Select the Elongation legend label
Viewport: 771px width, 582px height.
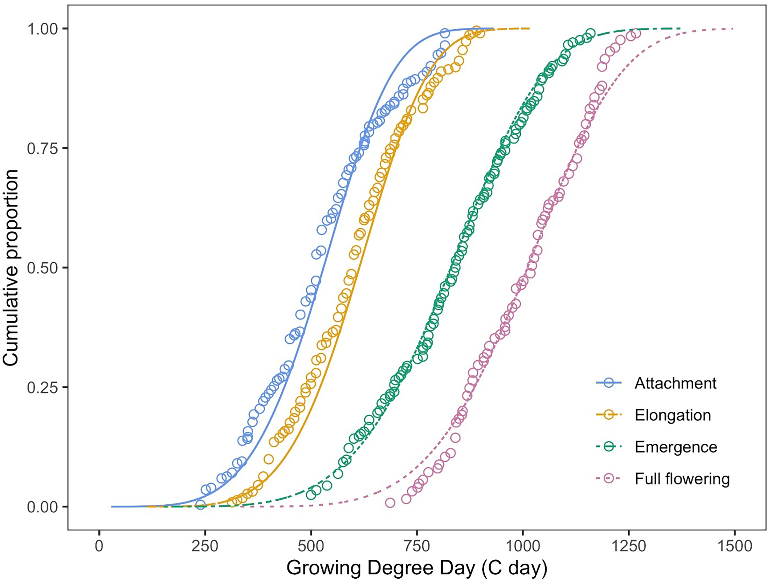click(673, 415)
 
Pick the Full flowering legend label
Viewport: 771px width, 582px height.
click(682, 479)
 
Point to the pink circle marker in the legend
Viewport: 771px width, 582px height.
click(609, 479)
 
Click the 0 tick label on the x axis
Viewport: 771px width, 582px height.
click(99, 546)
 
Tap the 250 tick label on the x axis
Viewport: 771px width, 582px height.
click(205, 546)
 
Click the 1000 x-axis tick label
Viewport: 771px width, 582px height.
click(522, 546)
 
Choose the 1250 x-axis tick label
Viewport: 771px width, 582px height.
click(628, 546)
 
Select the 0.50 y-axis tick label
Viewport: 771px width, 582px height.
click(42, 268)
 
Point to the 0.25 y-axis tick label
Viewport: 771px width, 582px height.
click(42, 387)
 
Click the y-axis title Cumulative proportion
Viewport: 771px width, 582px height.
click(11, 268)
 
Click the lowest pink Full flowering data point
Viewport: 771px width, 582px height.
click(390, 502)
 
